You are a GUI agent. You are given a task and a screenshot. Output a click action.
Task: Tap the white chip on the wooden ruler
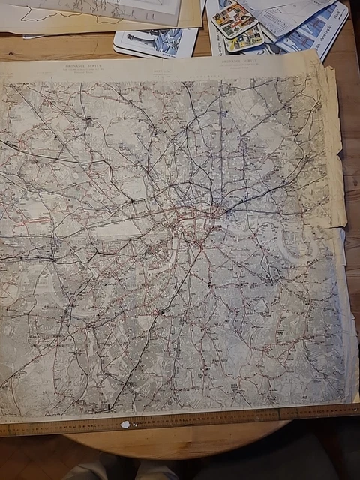(124, 424)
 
